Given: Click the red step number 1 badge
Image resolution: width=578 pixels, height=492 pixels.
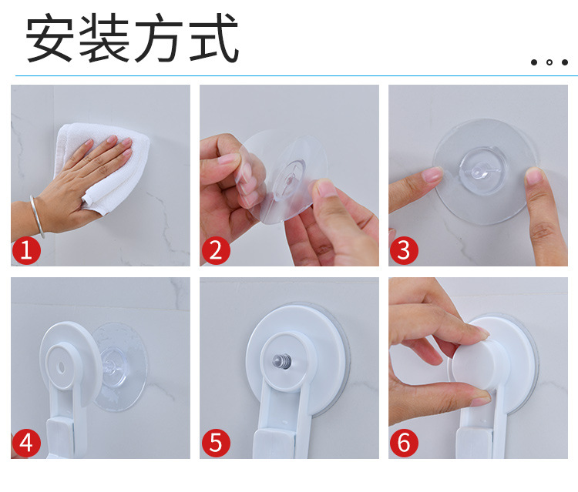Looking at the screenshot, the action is tap(26, 250).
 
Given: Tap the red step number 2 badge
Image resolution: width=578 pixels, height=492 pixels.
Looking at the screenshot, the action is tap(216, 250).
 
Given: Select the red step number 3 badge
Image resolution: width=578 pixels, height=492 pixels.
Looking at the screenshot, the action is tap(404, 250).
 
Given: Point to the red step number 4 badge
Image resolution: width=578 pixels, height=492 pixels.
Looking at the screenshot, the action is tap(26, 443).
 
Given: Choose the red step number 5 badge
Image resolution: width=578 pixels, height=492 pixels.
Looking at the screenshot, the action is tap(216, 443).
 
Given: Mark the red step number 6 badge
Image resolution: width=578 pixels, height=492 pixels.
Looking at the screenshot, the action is tap(404, 443).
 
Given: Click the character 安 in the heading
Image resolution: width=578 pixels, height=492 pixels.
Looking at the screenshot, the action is tap(49, 37).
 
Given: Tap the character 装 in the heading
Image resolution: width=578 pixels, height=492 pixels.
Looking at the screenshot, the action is tap(104, 37).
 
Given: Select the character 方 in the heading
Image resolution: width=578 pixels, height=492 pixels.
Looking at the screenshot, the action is tap(159, 37).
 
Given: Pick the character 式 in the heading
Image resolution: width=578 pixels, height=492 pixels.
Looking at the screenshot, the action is tap(213, 37).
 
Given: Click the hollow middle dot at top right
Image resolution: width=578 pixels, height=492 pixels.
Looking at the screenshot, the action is tap(549, 62).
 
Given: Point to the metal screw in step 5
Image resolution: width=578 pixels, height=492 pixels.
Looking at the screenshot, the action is tap(282, 361).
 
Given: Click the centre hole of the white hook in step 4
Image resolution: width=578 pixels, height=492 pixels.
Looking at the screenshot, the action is tap(61, 367).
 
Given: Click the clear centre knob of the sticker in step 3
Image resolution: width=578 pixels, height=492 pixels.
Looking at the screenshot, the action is tap(479, 171).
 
